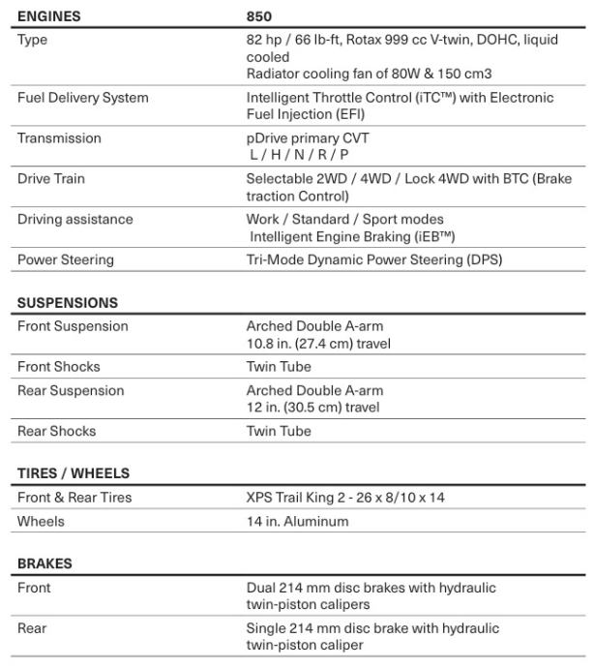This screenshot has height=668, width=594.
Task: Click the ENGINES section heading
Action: coord(48,16)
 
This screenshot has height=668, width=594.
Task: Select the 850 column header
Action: coord(259,16)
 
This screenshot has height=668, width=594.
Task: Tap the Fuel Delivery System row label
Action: coord(82,98)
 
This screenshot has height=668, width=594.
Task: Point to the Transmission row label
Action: coord(59,138)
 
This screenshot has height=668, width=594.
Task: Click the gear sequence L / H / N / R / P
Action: coord(298,155)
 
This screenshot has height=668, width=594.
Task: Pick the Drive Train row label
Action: coord(51,179)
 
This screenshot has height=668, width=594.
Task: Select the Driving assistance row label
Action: coord(75,220)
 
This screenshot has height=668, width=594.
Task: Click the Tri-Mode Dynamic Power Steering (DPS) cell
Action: coord(374,259)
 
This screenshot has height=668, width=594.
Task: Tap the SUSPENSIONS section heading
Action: coord(68,302)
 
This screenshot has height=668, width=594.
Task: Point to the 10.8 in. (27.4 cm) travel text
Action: coord(318,343)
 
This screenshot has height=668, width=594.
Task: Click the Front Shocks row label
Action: coord(59,367)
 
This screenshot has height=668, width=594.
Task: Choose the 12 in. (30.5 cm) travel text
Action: coord(312,408)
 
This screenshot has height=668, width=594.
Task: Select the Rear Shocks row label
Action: coord(56,432)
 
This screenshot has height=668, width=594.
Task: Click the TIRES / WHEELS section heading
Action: coord(74,473)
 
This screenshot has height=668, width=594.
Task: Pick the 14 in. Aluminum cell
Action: coord(297,522)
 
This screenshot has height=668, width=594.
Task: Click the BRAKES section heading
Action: coord(45,563)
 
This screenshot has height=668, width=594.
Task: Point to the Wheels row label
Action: coord(42,522)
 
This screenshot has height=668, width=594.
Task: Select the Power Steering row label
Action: coord(66,259)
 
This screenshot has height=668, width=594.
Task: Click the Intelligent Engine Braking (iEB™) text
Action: coord(352,236)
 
